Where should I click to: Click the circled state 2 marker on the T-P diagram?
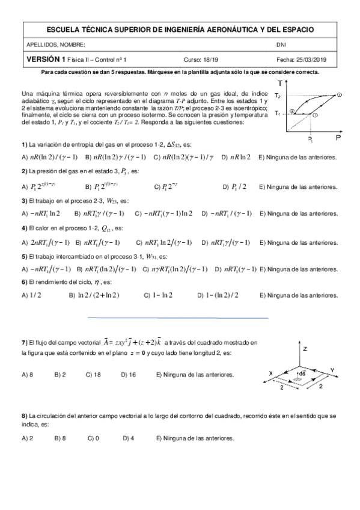pyautogui.click(x=340, y=95)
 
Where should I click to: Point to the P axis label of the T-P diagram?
pyautogui.click(x=338, y=138)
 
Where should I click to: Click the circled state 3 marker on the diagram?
pyautogui.click(x=291, y=111)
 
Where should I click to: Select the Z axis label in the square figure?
pyautogui.click(x=305, y=348)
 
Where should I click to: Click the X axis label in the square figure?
pyautogui.click(x=270, y=373)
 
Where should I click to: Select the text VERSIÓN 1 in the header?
pyautogui.click(x=45, y=59)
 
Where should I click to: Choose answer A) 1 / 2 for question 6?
pyautogui.click(x=28, y=295)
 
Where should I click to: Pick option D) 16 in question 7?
pyautogui.click(x=128, y=375)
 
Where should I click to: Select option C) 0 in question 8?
pyautogui.click(x=93, y=438)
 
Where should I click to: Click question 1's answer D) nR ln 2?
pyautogui.click(x=236, y=158)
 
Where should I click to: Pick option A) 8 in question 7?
pyautogui.click(x=27, y=375)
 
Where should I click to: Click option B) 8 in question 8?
pyautogui.click(x=60, y=438)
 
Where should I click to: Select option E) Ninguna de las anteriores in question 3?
pyautogui.click(x=298, y=214)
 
